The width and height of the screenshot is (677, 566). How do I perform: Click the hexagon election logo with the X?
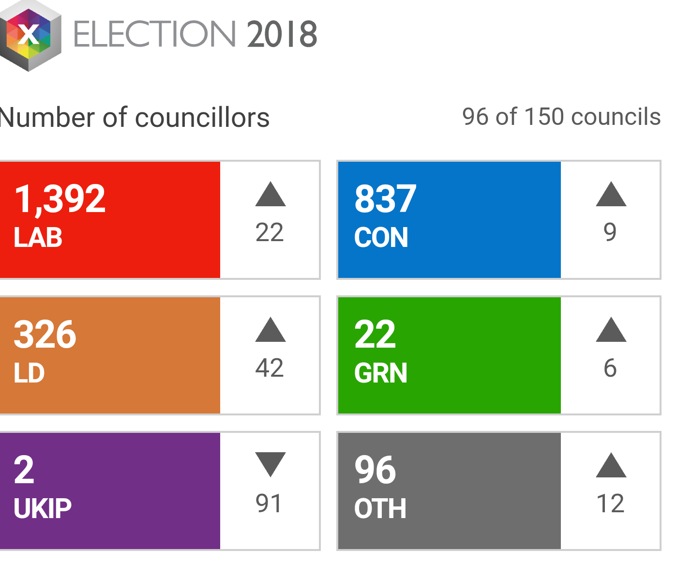pos(30,35)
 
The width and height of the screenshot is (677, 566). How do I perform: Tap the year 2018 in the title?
pos(282,35)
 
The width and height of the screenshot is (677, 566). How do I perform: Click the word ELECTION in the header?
pos(154,35)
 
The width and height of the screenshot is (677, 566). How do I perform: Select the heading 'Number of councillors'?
pos(134,118)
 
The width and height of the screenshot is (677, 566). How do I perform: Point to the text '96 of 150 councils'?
pos(561,117)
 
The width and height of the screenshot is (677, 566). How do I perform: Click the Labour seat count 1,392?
pos(60,199)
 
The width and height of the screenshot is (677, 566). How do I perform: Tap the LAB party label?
pos(38,238)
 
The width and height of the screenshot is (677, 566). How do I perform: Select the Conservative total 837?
pos(385,199)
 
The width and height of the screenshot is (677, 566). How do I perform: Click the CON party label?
pos(381,238)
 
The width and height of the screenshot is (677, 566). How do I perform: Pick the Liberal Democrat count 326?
pos(45,335)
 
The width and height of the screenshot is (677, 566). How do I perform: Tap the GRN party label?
pos(381,373)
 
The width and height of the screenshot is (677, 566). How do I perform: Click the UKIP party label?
pos(43,509)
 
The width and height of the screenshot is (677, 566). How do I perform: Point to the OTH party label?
pos(380,509)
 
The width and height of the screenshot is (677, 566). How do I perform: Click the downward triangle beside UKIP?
pos(271,464)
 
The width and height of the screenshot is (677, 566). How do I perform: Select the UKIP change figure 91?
pos(269,504)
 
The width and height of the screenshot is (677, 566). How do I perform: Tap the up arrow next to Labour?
pos(271,195)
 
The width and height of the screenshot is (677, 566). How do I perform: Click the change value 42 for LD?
pos(270,368)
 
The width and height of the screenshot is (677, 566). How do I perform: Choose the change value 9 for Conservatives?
pos(610,232)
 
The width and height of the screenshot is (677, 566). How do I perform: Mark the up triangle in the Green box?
pos(611,330)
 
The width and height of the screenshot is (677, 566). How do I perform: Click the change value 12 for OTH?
pos(611,504)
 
